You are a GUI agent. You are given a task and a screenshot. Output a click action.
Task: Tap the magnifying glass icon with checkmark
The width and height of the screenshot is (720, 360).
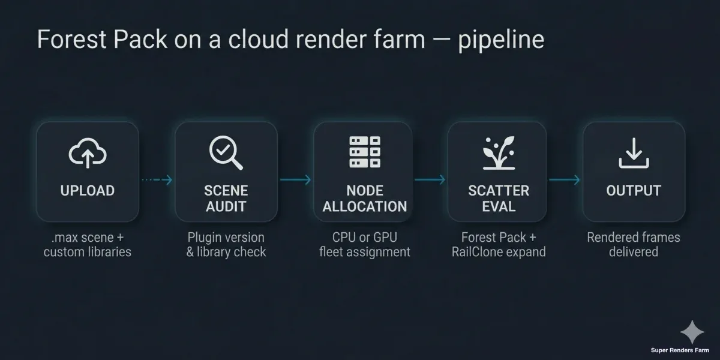226,152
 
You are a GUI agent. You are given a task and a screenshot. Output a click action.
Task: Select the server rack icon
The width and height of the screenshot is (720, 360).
364,152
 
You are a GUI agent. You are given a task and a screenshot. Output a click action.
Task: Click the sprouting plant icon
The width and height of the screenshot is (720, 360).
499,152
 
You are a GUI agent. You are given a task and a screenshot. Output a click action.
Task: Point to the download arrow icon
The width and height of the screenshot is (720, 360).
634,152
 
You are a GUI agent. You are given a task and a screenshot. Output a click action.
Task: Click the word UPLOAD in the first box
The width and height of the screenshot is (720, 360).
88,191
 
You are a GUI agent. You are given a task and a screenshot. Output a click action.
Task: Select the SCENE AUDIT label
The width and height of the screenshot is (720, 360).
226,199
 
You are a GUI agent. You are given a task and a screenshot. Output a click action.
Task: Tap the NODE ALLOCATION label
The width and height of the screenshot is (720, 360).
364,199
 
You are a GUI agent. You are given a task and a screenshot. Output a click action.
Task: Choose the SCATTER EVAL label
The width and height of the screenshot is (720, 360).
499,199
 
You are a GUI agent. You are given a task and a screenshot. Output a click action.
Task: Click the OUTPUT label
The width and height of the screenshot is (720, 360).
634,191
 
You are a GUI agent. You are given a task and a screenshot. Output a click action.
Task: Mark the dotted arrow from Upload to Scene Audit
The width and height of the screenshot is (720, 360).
157,180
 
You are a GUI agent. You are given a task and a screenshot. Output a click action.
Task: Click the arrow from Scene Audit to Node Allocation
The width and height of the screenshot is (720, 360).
295,180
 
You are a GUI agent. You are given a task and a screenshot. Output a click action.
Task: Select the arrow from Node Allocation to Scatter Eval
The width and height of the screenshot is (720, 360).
430,180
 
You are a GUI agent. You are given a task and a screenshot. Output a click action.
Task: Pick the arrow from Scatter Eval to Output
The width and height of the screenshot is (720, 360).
565,180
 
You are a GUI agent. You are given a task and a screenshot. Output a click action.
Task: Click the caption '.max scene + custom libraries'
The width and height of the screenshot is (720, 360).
88,244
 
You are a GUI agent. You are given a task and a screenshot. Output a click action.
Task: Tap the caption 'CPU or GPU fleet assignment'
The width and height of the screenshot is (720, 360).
364,244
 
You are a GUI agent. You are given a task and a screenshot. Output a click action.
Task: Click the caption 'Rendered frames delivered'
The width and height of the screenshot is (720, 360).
634,244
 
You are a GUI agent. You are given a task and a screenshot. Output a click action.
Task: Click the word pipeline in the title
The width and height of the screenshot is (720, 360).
501,40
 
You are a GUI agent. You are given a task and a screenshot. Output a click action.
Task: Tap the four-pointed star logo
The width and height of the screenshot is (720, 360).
692,332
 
